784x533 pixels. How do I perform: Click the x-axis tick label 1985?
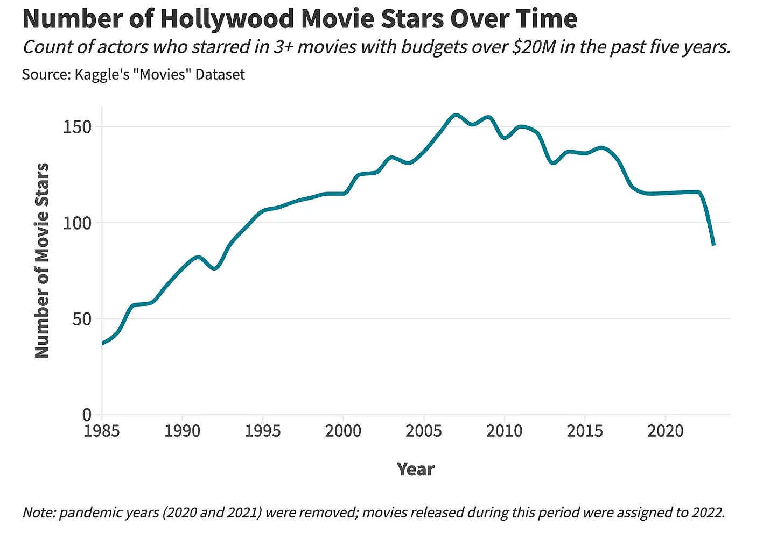102,431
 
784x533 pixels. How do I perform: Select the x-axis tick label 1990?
182,431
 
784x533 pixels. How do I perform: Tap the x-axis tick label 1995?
263,431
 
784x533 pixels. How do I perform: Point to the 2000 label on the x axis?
343,431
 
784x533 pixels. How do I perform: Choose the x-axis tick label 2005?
424,431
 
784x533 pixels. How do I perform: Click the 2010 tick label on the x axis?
504,431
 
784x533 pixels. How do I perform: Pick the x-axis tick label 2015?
585,431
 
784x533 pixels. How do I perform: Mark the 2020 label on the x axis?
665,431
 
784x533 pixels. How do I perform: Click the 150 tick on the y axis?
78,127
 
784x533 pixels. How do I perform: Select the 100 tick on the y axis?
78,223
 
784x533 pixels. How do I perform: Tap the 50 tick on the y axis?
82,319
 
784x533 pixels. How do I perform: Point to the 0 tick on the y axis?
87,415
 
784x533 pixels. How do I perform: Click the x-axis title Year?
415,469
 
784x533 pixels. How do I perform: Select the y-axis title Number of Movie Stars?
42,260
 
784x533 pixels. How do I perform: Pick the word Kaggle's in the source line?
103,74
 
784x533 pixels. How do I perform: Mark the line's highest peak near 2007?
456,115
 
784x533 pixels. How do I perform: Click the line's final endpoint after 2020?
714,245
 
